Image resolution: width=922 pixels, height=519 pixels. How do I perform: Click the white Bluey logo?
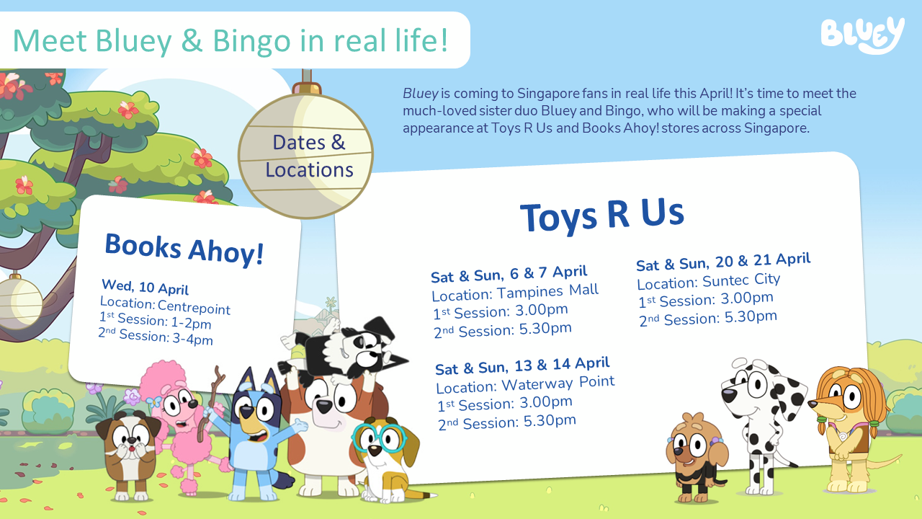pyautogui.click(x=862, y=35)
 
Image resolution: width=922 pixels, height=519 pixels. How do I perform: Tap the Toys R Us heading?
pyautogui.click(x=601, y=214)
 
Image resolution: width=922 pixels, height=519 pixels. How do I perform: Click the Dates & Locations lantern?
pyautogui.click(x=305, y=156)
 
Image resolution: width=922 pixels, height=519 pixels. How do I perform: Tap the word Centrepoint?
pyautogui.click(x=194, y=307)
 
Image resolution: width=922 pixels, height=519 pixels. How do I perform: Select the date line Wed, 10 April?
pyautogui.click(x=145, y=286)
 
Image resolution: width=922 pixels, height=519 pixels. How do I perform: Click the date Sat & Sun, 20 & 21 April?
pyautogui.click(x=723, y=262)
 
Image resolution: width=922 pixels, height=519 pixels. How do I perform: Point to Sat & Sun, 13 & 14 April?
pyautogui.click(x=522, y=365)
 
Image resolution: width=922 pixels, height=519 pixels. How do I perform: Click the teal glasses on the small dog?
pyautogui.click(x=379, y=438)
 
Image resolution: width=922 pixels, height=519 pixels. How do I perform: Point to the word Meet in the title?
pyautogui.click(x=50, y=40)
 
